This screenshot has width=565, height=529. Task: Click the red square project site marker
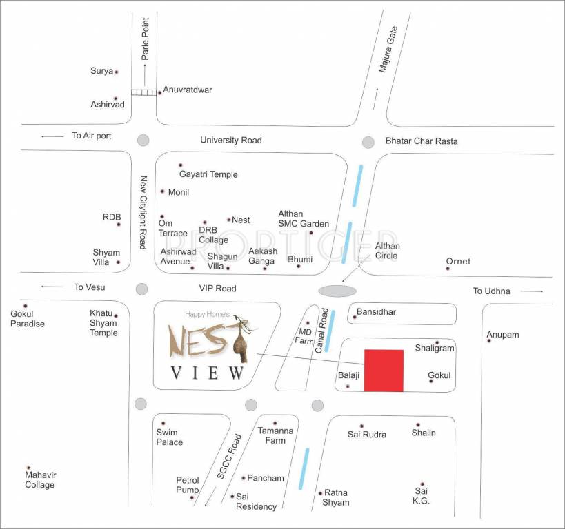[x=384, y=371]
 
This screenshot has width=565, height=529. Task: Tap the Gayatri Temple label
[x=208, y=174]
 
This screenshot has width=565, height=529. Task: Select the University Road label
[x=231, y=140]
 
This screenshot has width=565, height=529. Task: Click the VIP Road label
[x=218, y=289]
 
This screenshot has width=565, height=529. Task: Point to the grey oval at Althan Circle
[x=337, y=291]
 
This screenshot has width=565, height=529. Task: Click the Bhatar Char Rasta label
[x=422, y=141]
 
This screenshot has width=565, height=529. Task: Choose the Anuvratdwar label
[x=187, y=90]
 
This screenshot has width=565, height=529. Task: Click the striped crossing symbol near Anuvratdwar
[x=143, y=92]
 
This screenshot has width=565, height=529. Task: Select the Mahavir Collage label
[x=39, y=480]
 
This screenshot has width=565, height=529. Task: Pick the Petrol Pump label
[x=188, y=485]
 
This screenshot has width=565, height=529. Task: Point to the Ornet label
[x=458, y=261]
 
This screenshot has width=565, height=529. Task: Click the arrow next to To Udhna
[x=532, y=291]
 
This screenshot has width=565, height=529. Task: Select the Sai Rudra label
[x=367, y=435]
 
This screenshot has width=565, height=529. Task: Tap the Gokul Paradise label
[x=28, y=319]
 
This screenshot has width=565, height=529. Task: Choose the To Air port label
[x=92, y=136]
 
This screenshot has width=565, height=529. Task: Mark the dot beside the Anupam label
[x=489, y=340]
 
